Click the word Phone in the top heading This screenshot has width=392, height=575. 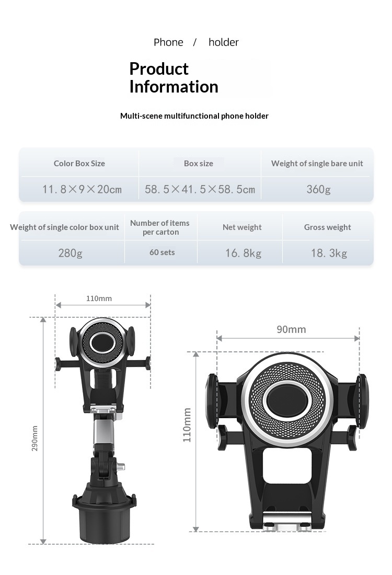coord(168,42)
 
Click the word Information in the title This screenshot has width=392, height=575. coord(174,87)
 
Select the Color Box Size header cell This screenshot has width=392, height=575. coord(79,164)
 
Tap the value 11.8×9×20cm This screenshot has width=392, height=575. coord(82,189)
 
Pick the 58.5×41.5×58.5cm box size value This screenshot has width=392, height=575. coord(200,189)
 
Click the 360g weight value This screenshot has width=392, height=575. coord(319,189)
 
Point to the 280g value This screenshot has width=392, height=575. coord(71,253)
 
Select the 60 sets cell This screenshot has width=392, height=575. coord(162,252)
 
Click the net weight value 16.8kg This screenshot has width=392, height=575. coord(243,253)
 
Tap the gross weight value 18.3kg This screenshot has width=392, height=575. coord(329,253)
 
